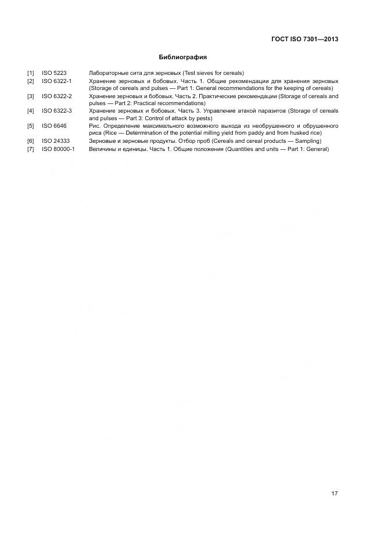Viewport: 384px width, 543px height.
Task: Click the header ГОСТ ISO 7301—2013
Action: point(304,39)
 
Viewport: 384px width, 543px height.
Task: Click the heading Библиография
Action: point(183,57)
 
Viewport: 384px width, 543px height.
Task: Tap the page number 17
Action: point(334,494)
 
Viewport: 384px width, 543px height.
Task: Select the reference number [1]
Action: point(30,73)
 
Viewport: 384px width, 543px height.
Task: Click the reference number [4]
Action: point(30,111)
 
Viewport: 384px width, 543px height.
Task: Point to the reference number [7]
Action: point(30,149)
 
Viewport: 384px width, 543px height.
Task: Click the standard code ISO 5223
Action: point(54,73)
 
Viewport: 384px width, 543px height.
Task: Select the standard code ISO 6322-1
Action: point(57,81)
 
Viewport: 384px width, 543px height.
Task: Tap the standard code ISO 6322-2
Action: point(57,96)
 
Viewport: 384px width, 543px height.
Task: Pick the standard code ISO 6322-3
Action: point(57,111)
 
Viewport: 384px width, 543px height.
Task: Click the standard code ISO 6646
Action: point(54,126)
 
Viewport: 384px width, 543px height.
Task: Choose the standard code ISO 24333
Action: point(56,141)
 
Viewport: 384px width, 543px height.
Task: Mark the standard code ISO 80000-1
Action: point(58,149)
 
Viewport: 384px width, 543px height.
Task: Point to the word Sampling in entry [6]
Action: point(307,141)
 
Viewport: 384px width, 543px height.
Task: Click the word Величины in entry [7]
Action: point(102,149)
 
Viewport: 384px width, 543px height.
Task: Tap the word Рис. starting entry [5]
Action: point(94,126)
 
